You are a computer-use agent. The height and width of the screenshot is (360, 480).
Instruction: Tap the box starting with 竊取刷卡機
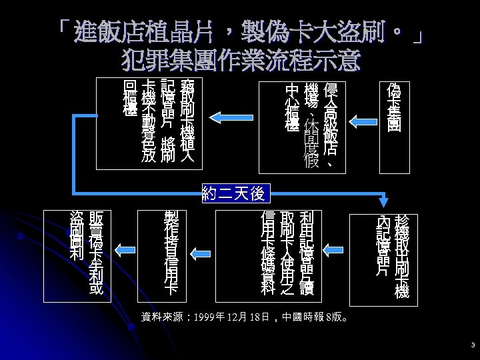[x=157, y=121]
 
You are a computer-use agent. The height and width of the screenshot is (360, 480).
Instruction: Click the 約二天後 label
[x=233, y=194]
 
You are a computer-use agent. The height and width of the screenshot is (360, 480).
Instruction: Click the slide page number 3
[x=472, y=345]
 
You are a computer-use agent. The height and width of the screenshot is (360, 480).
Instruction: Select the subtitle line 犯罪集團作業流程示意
[x=241, y=61]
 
